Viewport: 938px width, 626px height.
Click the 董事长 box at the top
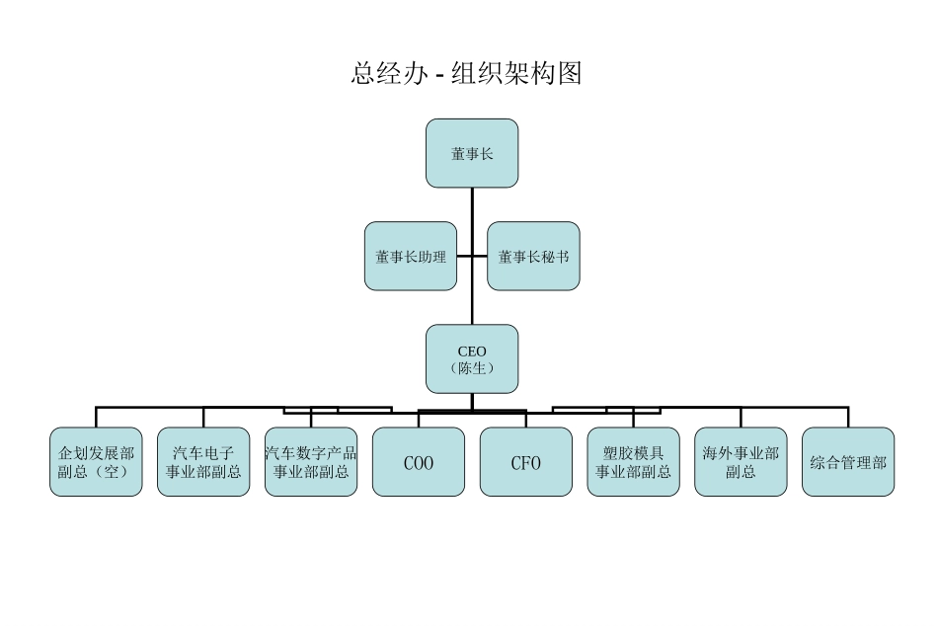pos(472,153)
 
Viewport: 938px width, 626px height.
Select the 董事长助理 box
pos(411,256)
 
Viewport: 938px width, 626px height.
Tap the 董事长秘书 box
pos(533,256)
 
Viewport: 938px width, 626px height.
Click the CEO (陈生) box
pos(472,359)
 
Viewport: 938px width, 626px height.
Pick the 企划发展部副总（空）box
pos(96,461)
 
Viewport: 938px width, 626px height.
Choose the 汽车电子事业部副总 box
pos(203,461)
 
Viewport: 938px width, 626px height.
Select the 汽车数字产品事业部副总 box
pos(311,461)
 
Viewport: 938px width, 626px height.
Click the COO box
pos(419,461)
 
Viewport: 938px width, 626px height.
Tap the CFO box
pos(525,461)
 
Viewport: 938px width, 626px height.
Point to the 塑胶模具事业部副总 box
pos(633,461)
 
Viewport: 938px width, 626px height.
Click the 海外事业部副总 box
pos(741,461)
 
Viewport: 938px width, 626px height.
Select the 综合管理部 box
pos(848,461)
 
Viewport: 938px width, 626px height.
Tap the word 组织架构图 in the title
pos(516,73)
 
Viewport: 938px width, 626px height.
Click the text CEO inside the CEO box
pos(472,351)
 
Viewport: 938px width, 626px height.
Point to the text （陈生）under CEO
pos(472,368)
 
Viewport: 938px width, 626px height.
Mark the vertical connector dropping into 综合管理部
pos(848,417)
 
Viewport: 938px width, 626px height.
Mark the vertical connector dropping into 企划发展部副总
pos(96,417)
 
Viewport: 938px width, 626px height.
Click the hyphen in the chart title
pos(439,75)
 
